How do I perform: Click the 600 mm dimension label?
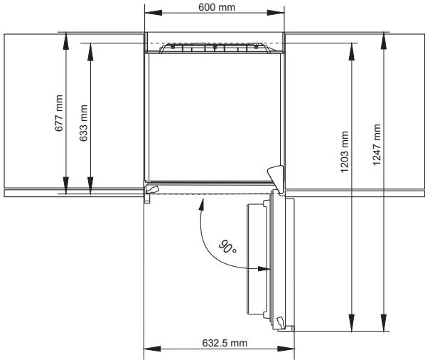(214, 7)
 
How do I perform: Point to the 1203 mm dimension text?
(345, 153)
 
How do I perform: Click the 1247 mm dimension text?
(377, 146)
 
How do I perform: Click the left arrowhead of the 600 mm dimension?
(151, 14)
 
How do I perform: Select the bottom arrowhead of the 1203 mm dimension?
(351, 325)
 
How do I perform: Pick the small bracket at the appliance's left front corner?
(151, 189)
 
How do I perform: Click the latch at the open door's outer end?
(281, 323)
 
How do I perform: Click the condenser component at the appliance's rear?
(214, 48)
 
